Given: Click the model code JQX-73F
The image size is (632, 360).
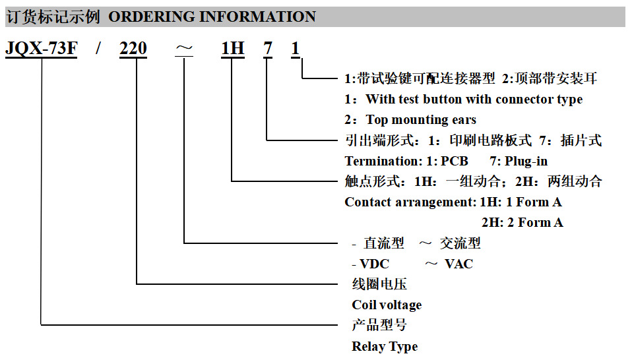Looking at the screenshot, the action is coord(41,49).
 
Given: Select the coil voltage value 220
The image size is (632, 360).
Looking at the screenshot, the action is coord(133,49).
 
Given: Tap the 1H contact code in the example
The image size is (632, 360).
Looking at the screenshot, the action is coord(233,49).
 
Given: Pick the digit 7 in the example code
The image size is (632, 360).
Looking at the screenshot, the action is coord(268,49).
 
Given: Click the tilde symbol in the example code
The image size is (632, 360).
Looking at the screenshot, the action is coord(184,49).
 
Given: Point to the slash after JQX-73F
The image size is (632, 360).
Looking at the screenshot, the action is coord(98,49).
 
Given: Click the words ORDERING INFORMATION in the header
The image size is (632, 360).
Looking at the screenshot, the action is coord(212,17).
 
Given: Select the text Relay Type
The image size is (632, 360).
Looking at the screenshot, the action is coord(385,346).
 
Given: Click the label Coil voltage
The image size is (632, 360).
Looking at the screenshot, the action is coord(387,305).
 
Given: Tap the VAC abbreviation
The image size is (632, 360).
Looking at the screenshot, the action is coord(458,264).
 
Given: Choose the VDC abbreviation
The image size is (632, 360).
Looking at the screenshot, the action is coord(375,264).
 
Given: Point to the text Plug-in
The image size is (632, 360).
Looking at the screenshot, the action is coord(526,162).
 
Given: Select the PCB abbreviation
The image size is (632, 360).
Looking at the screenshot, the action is coord(455,161).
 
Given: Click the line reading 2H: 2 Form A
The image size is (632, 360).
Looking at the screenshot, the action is coord(522,222).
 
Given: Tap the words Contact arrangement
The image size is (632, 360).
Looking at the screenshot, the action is coord(410,202).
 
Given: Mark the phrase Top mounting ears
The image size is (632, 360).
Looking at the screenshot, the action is coord(421,120).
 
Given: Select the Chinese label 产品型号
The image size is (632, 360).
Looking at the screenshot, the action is coord(379,325).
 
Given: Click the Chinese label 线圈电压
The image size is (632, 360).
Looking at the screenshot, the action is coord(379,284).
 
